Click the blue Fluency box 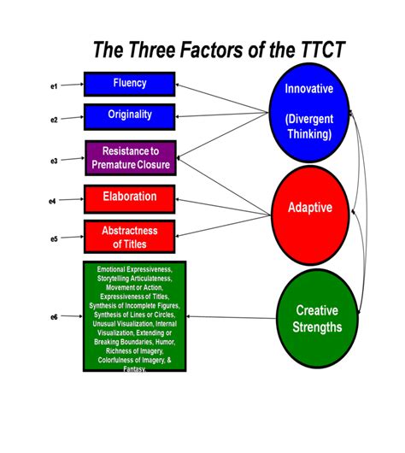pyautogui.click(x=130, y=84)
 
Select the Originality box pyautogui.click(x=130, y=115)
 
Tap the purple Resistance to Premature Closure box pyautogui.click(x=130, y=157)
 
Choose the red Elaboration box pyautogui.click(x=130, y=197)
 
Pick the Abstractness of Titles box pyautogui.click(x=130, y=237)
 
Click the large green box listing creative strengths pyautogui.click(x=134, y=316)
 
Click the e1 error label pyautogui.click(x=54, y=86)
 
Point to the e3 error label pyautogui.click(x=54, y=160)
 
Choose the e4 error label pyautogui.click(x=54, y=201)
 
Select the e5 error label pyautogui.click(x=54, y=238)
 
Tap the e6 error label pyautogui.click(x=54, y=317)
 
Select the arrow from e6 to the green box pyautogui.click(x=71, y=317)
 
